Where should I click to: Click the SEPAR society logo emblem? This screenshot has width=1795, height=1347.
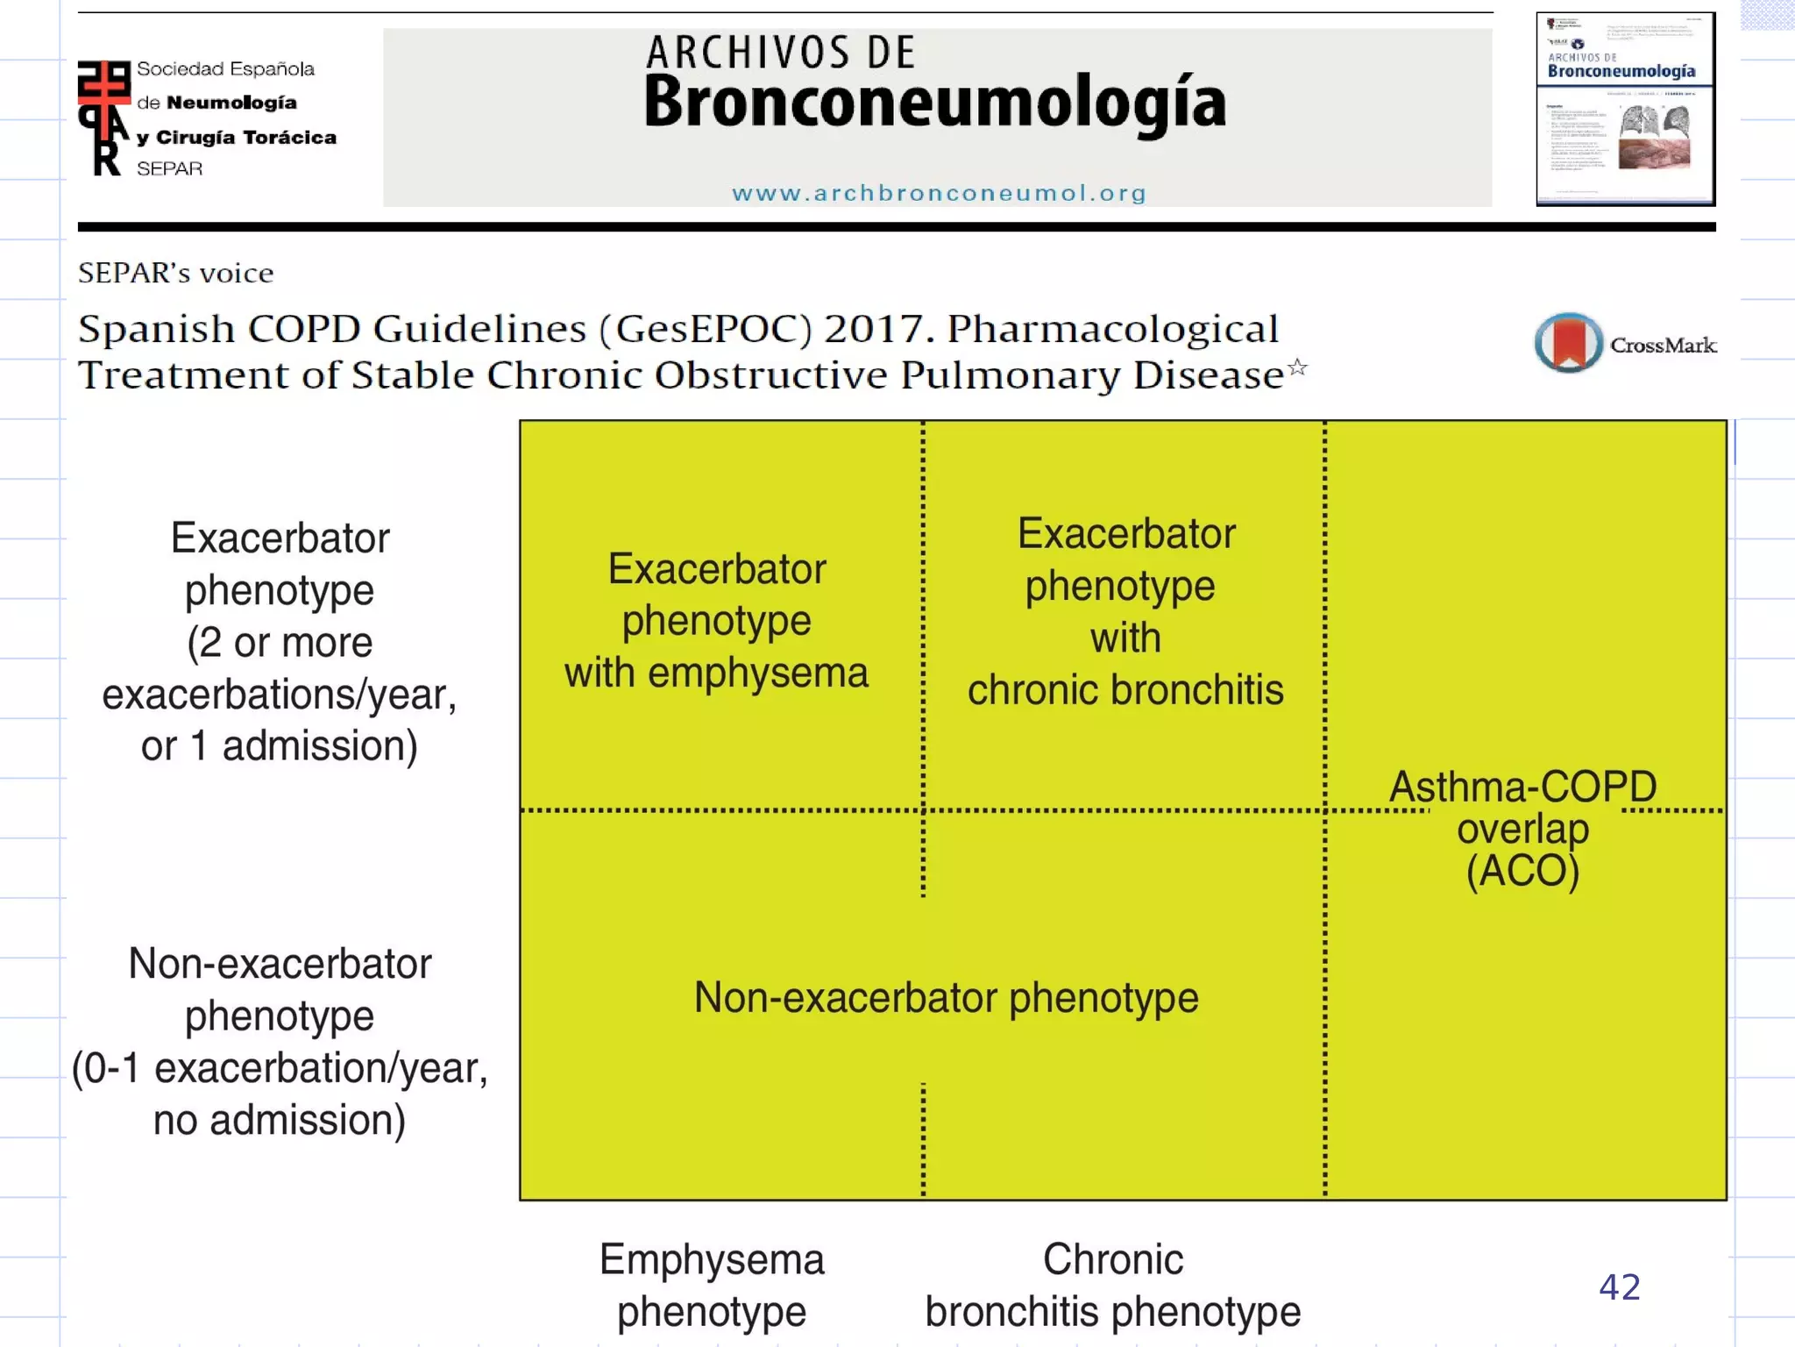point(104,118)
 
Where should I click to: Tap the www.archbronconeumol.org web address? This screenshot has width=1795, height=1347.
point(939,193)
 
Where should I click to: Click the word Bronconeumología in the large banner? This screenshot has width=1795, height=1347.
point(934,102)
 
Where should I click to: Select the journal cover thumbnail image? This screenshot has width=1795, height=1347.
point(1625,110)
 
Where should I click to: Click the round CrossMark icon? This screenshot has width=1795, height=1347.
point(1568,343)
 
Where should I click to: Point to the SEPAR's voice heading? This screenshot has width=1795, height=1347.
point(176,274)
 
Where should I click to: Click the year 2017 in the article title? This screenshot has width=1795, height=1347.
point(878,330)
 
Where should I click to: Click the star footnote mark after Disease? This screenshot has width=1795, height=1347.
point(1298,367)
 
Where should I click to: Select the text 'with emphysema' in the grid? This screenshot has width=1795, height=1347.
point(716,673)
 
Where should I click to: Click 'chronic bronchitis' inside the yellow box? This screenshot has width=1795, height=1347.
point(1125,690)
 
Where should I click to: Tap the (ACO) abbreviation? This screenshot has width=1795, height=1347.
point(1522,871)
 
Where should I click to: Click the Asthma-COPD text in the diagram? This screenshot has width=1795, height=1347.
point(1522,787)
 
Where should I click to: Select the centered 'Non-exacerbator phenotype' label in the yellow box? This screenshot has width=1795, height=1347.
point(946,998)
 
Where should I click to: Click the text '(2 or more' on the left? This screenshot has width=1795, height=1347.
point(280,643)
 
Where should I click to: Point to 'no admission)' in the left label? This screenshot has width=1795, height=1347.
point(280,1121)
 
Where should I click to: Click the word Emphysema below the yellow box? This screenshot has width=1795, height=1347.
point(712,1260)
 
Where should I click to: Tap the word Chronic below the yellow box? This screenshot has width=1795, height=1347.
point(1112,1260)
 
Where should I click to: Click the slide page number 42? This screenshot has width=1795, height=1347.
point(1619,1287)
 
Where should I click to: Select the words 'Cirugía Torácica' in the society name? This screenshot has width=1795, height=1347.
point(246,138)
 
